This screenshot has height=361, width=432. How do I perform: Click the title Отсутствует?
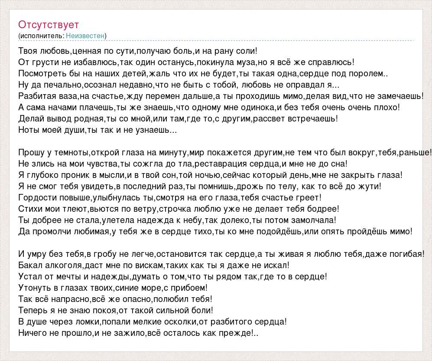coord(49,25)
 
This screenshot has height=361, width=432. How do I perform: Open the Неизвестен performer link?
coord(85,36)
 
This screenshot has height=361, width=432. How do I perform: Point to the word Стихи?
coord(29,209)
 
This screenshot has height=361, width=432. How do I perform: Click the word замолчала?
coord(314,220)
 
